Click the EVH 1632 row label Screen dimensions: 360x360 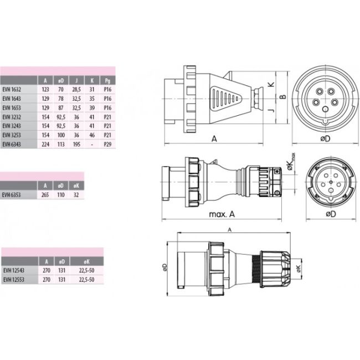(12, 89)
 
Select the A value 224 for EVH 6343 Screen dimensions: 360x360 (45, 144)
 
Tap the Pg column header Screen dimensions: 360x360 (107, 80)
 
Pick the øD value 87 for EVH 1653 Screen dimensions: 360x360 (61, 107)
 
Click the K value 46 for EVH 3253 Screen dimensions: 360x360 (92, 135)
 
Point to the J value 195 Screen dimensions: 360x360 (76, 144)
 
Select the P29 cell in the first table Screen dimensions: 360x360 (107, 144)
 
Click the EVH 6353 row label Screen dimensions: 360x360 (11, 195)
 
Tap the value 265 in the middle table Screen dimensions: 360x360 (45, 195)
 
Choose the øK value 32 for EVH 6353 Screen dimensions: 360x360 (76, 195)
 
